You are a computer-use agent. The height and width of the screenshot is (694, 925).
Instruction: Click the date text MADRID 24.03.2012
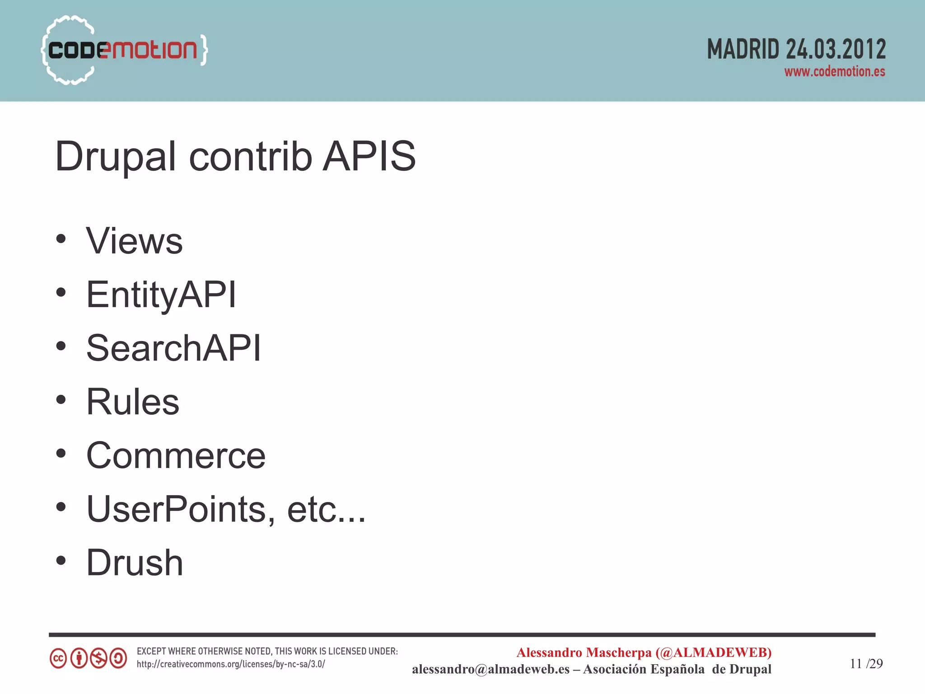click(796, 49)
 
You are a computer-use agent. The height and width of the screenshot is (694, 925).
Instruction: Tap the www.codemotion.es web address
click(834, 72)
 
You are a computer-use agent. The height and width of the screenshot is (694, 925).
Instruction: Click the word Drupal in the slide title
click(115, 156)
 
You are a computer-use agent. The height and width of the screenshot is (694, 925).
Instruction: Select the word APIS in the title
click(369, 156)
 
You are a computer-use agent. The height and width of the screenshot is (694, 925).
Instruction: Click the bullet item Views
click(134, 241)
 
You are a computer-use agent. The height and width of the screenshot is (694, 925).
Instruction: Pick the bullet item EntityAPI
click(161, 295)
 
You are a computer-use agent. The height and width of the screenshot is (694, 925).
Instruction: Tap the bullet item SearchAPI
click(173, 348)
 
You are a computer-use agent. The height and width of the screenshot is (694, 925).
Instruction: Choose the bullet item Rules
click(133, 402)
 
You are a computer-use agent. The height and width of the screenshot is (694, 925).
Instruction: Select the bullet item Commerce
click(176, 455)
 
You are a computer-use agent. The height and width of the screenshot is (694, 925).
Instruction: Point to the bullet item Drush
click(135, 563)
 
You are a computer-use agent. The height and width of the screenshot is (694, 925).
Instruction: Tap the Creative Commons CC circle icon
click(58, 658)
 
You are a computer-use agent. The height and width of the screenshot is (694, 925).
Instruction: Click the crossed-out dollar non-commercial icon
click(98, 658)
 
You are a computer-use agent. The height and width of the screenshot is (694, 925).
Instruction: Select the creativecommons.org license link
click(231, 664)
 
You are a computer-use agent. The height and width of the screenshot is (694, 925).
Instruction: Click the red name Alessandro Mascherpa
click(584, 652)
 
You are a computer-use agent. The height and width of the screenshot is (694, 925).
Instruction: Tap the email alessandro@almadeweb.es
click(491, 669)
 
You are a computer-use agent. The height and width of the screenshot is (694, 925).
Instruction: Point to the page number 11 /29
click(866, 663)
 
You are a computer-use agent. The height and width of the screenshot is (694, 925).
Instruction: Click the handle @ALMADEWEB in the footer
click(714, 652)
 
